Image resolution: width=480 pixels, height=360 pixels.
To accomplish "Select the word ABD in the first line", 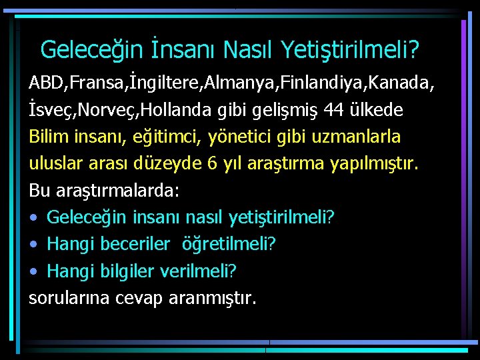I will [43, 83].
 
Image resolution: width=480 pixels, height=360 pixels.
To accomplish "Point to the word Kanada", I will [407, 83].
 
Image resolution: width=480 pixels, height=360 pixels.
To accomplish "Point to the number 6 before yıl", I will [213, 163].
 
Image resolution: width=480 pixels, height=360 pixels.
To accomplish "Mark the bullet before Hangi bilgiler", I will [33, 271].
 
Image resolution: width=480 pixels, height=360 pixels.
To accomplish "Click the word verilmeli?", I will [207, 271].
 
